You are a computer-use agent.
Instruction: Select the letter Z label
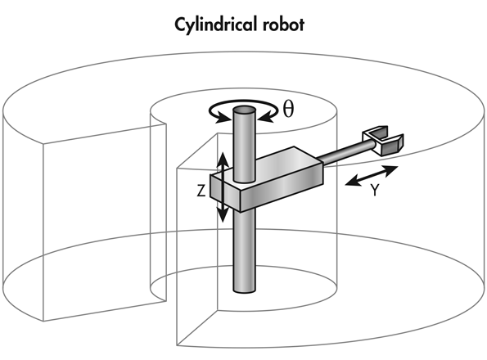click(201, 191)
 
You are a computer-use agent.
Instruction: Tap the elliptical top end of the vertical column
click(243, 109)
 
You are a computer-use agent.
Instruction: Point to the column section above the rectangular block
click(243, 143)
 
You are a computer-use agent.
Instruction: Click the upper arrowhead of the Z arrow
click(219, 158)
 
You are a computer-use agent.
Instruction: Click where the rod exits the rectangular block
click(322, 164)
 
